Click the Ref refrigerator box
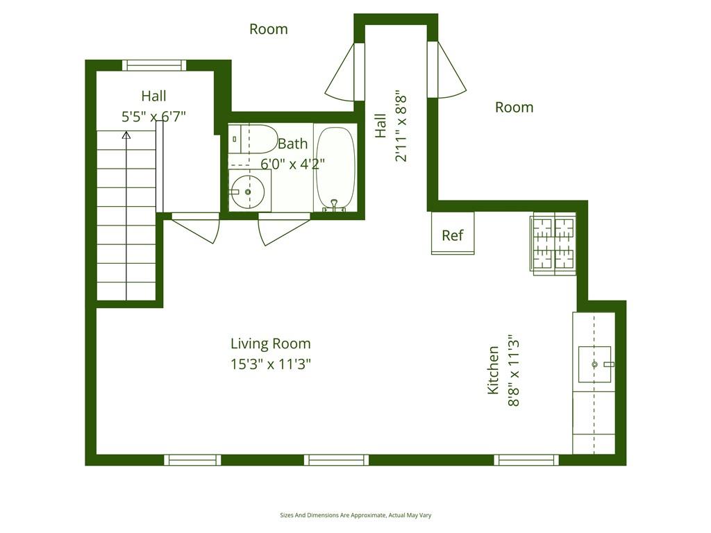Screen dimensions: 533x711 pos(452,234)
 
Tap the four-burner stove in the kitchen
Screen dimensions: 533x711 pos(553,244)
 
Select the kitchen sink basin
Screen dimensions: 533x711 pos(594,364)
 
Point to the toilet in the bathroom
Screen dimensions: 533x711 pos(253,139)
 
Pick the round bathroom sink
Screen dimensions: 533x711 pos(247,192)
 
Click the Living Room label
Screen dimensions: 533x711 pos(270,344)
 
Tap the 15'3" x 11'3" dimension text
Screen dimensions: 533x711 pos(270,364)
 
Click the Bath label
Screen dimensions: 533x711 pos(292,144)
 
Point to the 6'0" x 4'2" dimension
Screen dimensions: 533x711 pos(292,164)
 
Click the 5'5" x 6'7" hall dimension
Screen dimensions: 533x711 pos(153,117)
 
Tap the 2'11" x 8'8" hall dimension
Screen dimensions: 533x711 pos(401,126)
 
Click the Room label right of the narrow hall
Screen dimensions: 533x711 pos(514,107)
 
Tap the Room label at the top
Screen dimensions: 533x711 pos(268,29)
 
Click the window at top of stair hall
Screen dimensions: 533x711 pos(154,65)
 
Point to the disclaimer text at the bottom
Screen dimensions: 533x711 pos(355,515)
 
